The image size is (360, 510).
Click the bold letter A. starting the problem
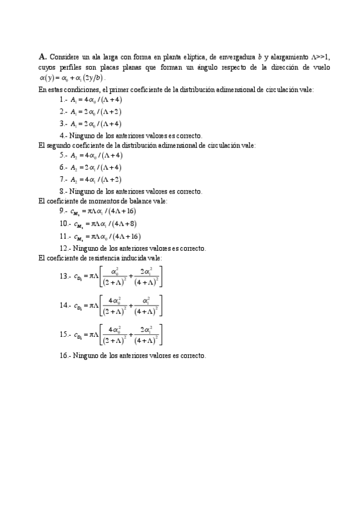[x=42, y=56]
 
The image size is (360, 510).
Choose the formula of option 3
[x=96, y=123]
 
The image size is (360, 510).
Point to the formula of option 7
[x=96, y=179]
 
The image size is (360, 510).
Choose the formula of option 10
[x=103, y=224]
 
